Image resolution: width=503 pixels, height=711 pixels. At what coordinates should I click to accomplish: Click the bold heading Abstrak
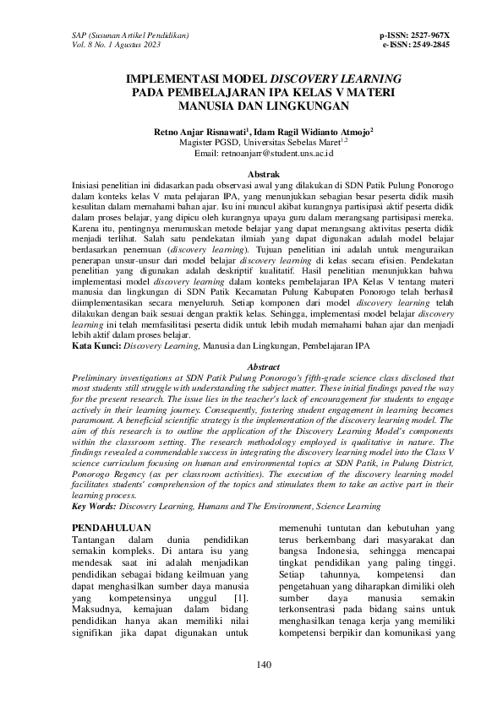[x=251, y=173]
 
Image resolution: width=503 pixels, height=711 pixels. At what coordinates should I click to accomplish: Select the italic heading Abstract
[x=251, y=367]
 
